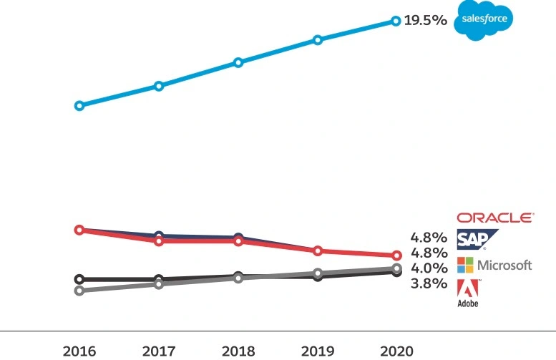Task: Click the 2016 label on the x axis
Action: coord(79,351)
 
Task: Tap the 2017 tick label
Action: coord(159,351)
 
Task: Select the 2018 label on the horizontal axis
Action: coord(238,351)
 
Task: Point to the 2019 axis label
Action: coord(317,351)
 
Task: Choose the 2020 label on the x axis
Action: coord(396,351)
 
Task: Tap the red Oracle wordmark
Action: coord(494,218)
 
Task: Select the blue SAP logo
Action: coord(477,239)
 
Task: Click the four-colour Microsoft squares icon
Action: coord(465,265)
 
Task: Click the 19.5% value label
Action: coord(426,21)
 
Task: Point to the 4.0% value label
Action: coord(429,268)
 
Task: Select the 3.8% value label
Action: coord(429,284)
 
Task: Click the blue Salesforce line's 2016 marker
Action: coord(79,105)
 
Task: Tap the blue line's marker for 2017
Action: coord(159,86)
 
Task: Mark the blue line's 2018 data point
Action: coord(238,62)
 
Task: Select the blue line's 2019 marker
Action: coord(318,40)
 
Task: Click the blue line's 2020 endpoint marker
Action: coord(396,21)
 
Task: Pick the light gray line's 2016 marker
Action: coord(79,291)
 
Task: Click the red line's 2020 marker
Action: coord(396,256)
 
